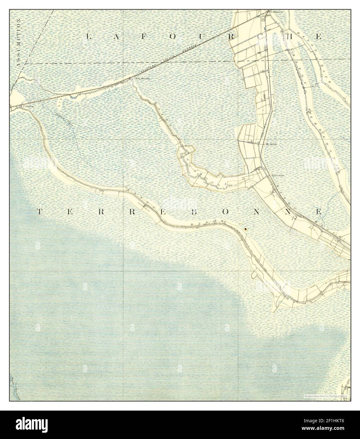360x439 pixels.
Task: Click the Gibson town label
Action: [27, 107]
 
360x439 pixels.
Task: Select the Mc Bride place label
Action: [272, 144]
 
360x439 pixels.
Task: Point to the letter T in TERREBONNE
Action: [39, 211]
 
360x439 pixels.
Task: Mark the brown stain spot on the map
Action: [245, 227]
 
